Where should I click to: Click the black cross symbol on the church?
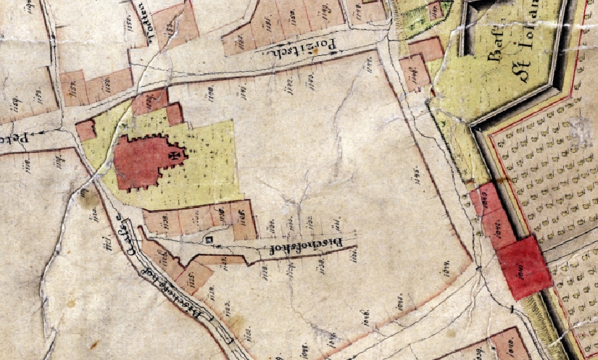175,154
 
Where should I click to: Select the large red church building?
145,161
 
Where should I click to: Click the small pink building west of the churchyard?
86,130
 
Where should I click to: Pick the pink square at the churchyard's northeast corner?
174,114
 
